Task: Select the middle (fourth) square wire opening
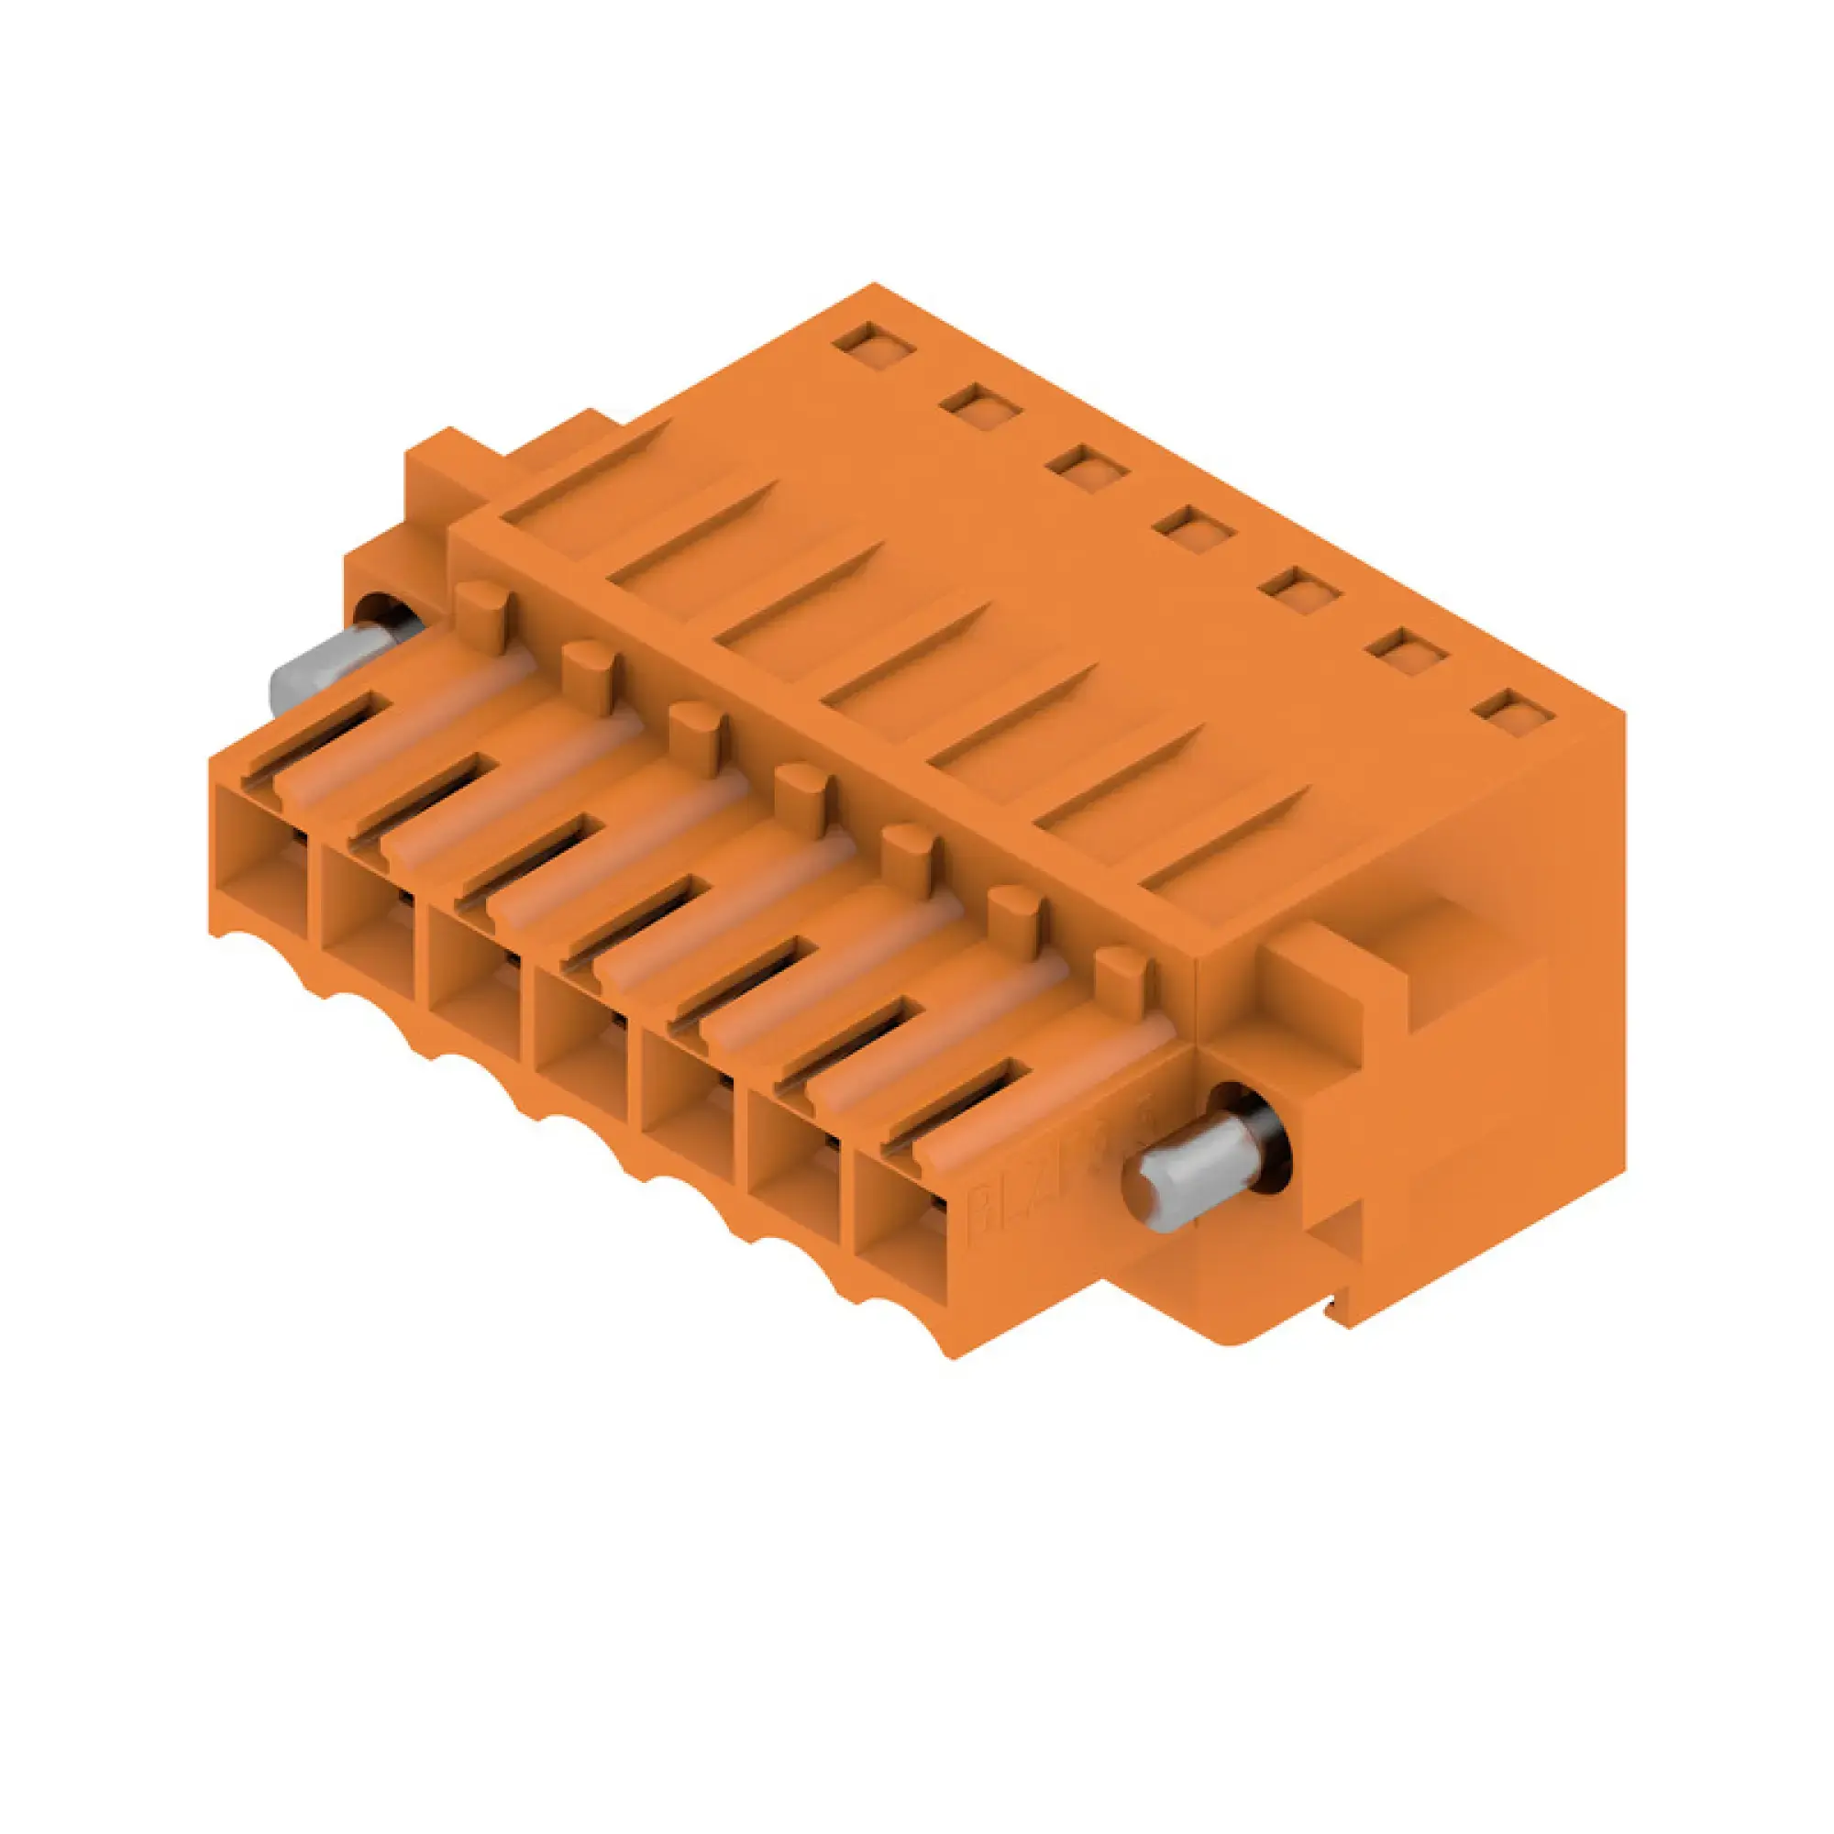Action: pos(580,1044)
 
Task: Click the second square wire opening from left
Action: pos(367,921)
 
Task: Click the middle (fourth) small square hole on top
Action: pos(1199,528)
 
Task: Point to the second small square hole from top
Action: pos(980,404)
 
